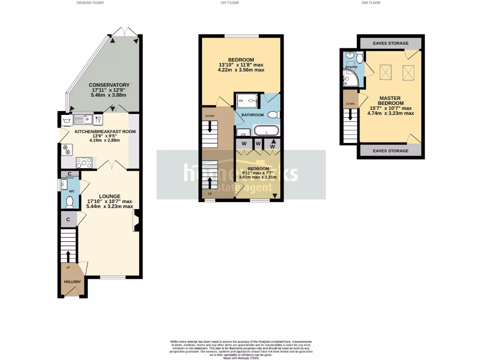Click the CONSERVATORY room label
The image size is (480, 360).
110,85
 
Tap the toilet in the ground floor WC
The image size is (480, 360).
70,202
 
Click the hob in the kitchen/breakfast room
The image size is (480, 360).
84,163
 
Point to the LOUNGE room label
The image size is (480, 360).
110,196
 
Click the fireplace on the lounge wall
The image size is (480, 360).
136,221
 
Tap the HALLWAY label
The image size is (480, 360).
73,282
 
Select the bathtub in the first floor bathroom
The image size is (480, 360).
266,131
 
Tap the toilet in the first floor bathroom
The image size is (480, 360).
275,114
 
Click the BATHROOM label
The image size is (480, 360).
253,115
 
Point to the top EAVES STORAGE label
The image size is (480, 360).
390,43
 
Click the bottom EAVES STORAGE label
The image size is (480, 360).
390,151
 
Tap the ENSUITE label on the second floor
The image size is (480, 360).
351,67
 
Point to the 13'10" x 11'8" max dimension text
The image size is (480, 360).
241,65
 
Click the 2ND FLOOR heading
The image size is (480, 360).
370,3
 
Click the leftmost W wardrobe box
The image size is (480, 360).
244,143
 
